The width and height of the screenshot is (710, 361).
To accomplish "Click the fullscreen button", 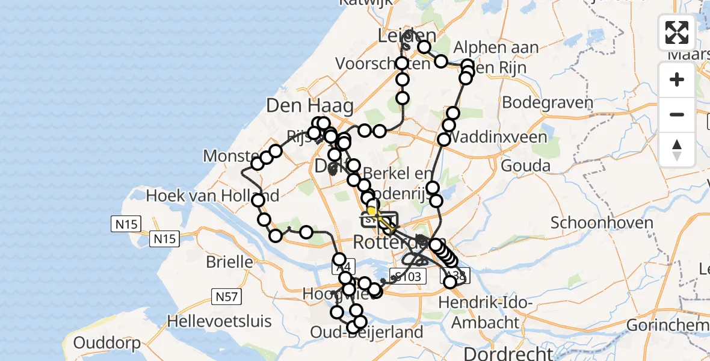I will [x=677, y=32].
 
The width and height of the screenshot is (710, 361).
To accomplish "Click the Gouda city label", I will [x=525, y=165].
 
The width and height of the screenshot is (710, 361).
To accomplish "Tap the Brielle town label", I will [x=229, y=262].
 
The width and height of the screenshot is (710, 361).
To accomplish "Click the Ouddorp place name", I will [x=107, y=344].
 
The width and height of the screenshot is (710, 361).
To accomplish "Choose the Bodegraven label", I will [x=548, y=102].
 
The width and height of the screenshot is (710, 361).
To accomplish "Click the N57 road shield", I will [x=224, y=296].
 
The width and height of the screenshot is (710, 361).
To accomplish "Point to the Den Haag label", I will [x=310, y=106].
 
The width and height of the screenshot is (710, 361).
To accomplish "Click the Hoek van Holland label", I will [x=212, y=196].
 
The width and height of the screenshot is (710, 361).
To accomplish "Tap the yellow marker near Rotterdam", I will [x=372, y=212].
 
